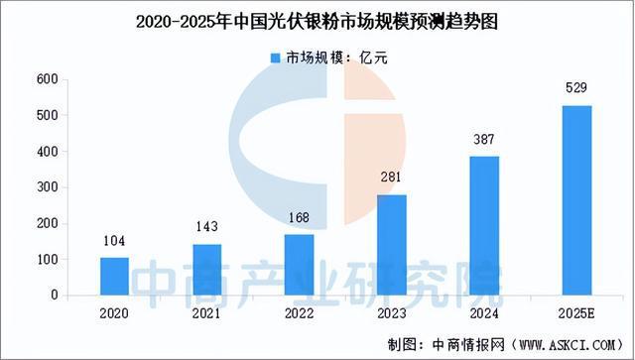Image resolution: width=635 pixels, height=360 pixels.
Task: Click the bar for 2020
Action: point(115,276)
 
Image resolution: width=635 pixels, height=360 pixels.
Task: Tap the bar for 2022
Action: point(298,264)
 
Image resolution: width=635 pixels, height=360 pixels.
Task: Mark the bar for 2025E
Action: point(575,200)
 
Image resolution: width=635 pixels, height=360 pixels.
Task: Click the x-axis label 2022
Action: point(298,312)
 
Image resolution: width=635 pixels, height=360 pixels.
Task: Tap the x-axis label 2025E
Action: point(575,312)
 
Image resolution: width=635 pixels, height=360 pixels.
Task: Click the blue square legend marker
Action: point(276,59)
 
